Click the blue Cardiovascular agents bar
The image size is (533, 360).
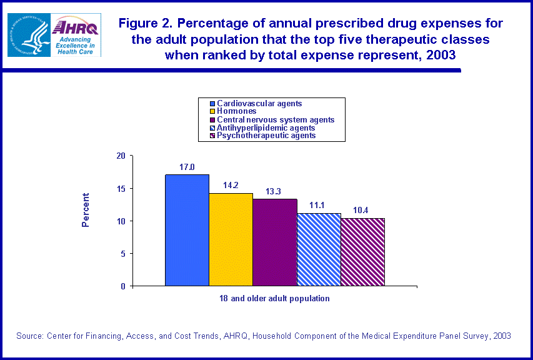click(x=187, y=230)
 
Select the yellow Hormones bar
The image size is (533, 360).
click(x=231, y=239)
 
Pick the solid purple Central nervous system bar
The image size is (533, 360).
click(x=274, y=242)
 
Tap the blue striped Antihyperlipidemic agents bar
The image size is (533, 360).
click(x=319, y=249)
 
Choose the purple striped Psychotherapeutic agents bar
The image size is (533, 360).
click(x=362, y=252)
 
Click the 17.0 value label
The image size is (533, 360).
click(x=187, y=167)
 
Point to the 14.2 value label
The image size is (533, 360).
click(x=231, y=185)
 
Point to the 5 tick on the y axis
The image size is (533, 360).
click(x=123, y=253)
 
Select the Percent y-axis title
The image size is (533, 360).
click(x=86, y=209)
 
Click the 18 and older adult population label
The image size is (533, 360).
click(x=274, y=298)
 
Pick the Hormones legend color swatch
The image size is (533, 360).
click(x=212, y=111)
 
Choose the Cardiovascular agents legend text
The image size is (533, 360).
click(x=259, y=103)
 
